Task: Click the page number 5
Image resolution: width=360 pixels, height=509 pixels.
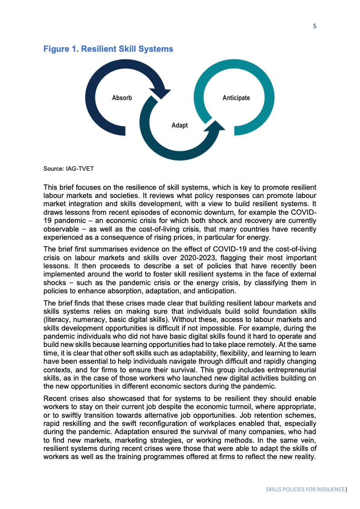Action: point(315,26)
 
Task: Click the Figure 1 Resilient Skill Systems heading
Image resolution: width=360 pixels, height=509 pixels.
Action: point(108,49)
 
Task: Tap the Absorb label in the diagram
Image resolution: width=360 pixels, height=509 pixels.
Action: point(122,98)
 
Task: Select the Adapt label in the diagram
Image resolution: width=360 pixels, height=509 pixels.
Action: point(179,125)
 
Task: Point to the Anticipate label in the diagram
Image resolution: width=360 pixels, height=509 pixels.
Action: point(236,98)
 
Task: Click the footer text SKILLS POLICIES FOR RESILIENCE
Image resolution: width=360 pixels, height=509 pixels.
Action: point(305,489)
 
